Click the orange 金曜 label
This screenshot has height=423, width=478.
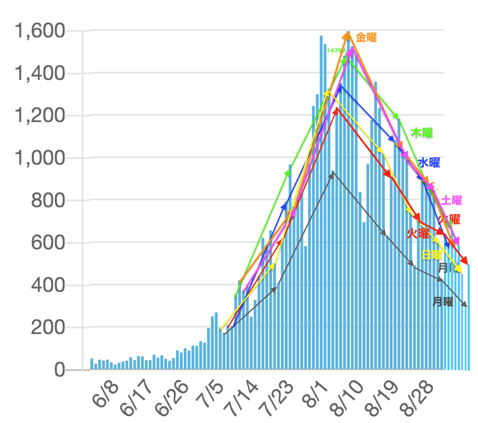pyautogui.click(x=366, y=37)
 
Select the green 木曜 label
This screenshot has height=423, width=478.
pyautogui.click(x=422, y=132)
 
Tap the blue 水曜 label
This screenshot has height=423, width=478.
pyautogui.click(x=429, y=162)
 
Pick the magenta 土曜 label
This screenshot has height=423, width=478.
pyautogui.click(x=451, y=200)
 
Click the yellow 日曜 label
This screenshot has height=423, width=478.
pyautogui.click(x=432, y=254)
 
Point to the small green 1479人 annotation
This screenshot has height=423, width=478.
pyautogui.click(x=336, y=50)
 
